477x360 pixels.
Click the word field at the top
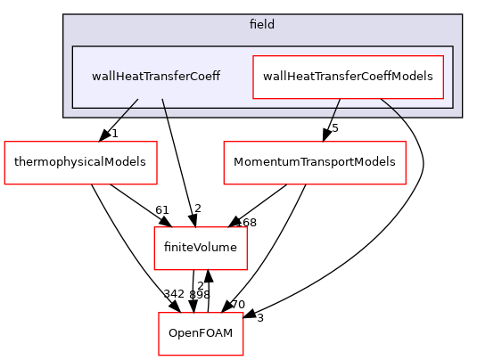click(262, 24)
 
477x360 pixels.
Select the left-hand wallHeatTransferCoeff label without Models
click(156, 77)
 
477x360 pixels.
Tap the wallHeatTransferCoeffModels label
click(348, 77)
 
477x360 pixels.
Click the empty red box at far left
click(80, 163)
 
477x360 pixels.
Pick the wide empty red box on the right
click(314, 163)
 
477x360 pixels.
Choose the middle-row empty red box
click(200, 249)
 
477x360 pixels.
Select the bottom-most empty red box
click(201, 334)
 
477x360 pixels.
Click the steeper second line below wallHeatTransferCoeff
click(164, 108)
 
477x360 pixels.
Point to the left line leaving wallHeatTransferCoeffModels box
click(336, 108)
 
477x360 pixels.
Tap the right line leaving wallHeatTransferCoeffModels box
click(391, 108)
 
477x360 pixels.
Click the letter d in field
click(272, 24)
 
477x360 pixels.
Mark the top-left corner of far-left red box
click(4, 142)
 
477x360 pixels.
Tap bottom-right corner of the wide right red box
click(406, 184)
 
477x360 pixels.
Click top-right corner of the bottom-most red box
click(243, 313)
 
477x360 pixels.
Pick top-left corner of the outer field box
click(63, 14)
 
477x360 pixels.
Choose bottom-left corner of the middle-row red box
click(154, 270)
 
